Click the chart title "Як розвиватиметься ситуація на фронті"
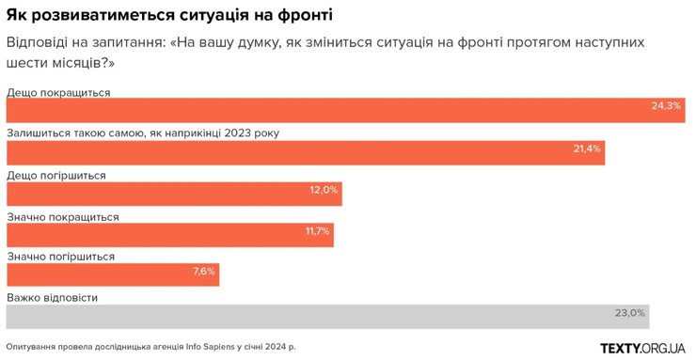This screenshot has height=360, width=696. tap(168, 17)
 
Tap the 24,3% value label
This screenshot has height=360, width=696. tap(665, 106)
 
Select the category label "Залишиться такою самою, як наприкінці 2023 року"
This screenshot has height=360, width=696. tap(143, 133)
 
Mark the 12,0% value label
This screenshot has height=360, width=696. tap(324, 190)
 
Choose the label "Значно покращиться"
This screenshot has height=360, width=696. tap(62, 216)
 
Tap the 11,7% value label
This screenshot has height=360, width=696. tap(317, 230)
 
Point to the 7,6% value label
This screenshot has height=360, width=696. tap(203, 272)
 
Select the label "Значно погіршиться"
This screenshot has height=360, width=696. tap(60, 257)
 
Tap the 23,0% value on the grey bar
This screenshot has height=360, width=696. tap(630, 313)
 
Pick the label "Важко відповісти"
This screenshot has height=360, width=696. tap(52, 298)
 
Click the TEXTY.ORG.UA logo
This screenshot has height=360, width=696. tap(642, 348)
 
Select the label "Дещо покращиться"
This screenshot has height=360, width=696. tap(58, 92)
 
